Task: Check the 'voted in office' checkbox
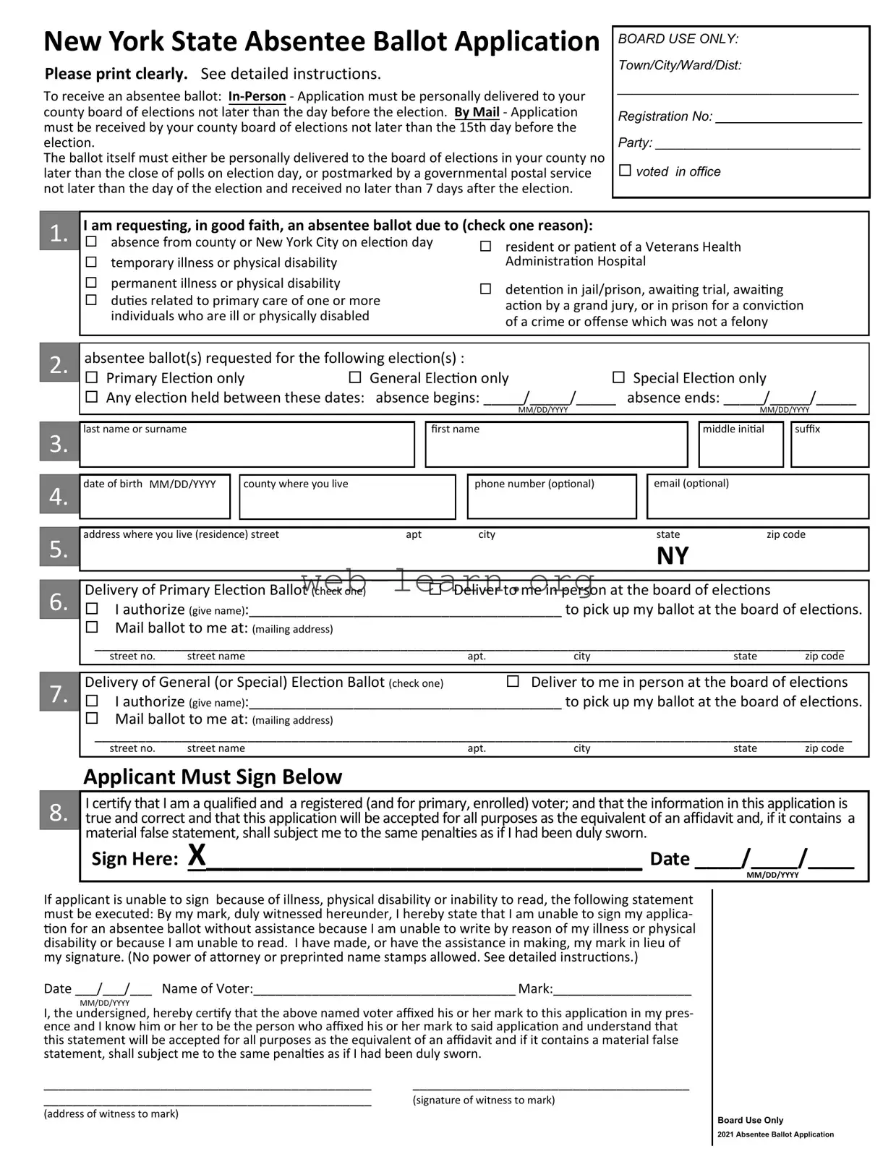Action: [625, 171]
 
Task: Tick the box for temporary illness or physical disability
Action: [92, 262]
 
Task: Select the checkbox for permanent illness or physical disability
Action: [92, 282]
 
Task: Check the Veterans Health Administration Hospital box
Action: [486, 247]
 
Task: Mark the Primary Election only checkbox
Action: [92, 377]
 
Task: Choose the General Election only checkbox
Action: [355, 377]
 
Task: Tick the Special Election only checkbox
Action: [618, 377]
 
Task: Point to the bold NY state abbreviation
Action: [673, 556]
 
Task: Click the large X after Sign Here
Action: [197, 856]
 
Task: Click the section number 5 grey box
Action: [59, 549]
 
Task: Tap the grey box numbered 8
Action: [59, 812]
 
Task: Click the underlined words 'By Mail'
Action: [477, 112]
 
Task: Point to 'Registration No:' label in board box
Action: [665, 116]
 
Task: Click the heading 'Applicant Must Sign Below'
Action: [213, 777]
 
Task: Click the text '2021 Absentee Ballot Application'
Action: [775, 1134]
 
